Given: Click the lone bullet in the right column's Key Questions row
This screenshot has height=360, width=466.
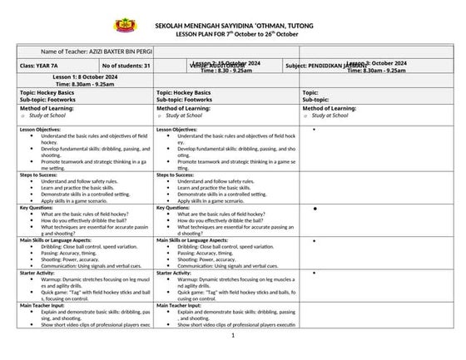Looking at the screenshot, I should pos(315,208).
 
